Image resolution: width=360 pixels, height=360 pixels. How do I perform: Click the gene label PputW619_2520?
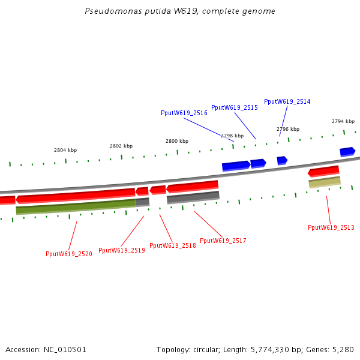pyautogui.click(x=69, y=254)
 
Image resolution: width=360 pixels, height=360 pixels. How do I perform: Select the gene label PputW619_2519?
pyautogui.click(x=122, y=250)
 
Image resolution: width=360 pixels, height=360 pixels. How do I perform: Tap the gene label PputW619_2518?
pyautogui.click(x=173, y=245)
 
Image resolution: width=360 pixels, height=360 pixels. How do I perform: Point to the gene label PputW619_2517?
pyautogui.click(x=223, y=241)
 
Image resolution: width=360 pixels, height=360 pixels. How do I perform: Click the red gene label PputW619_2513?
pyautogui.click(x=331, y=227)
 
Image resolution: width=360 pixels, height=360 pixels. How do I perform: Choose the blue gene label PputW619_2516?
pyautogui.click(x=184, y=113)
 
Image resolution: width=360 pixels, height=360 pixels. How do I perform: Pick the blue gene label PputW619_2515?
pyautogui.click(x=235, y=107)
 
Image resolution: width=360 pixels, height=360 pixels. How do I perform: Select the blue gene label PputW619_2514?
pyautogui.click(x=287, y=101)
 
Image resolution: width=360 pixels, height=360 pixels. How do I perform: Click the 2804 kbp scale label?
pyautogui.click(x=65, y=150)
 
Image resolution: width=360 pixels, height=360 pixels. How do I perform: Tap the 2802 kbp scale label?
pyautogui.click(x=121, y=146)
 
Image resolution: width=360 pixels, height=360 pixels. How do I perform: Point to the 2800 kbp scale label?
pyautogui.click(x=177, y=141)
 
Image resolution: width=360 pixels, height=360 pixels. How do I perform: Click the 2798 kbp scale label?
pyautogui.click(x=232, y=136)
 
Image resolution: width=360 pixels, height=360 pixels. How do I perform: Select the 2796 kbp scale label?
pyautogui.click(x=288, y=129)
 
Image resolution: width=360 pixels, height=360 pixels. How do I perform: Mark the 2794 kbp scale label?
pyautogui.click(x=343, y=121)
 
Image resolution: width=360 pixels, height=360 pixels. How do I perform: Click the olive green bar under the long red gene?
pyautogui.click(x=75, y=207)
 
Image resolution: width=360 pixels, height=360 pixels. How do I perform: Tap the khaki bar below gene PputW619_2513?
pyautogui.click(x=325, y=182)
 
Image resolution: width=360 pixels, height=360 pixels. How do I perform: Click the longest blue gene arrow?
pyautogui.click(x=236, y=165)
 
